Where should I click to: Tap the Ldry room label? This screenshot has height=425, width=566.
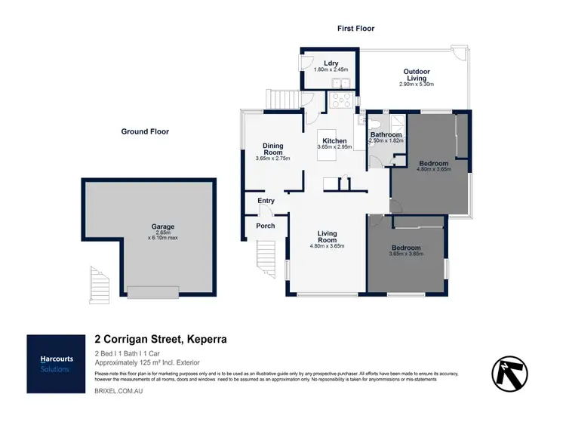click(x=330, y=63)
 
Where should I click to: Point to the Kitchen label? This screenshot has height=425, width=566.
click(x=334, y=141)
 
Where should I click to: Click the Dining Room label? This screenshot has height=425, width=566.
click(x=272, y=149)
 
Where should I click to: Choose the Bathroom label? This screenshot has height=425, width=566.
click(x=386, y=134)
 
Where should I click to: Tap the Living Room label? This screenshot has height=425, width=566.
click(x=327, y=237)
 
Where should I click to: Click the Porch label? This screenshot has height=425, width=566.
click(x=266, y=226)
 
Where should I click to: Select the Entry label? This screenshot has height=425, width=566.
click(x=266, y=201)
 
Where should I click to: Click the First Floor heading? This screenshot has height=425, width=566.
click(x=355, y=29)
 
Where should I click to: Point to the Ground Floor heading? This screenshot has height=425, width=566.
click(x=145, y=131)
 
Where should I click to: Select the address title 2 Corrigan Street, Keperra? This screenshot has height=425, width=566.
click(x=161, y=340)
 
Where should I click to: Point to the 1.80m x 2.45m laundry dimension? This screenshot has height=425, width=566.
click(x=330, y=70)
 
